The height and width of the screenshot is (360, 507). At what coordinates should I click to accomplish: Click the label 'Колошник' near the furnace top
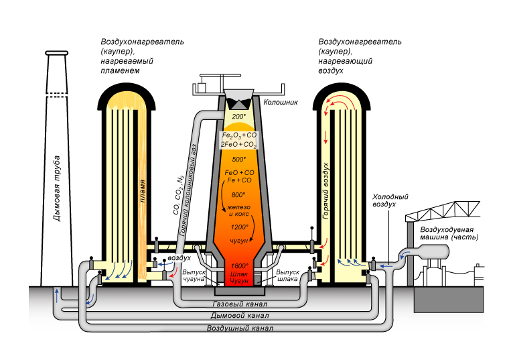click(x=279, y=103)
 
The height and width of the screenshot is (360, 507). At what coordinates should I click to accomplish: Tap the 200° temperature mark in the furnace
click(x=239, y=117)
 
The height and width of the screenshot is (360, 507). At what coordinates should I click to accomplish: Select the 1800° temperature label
click(x=239, y=266)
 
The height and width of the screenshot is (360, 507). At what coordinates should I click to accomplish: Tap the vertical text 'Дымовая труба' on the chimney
click(x=58, y=188)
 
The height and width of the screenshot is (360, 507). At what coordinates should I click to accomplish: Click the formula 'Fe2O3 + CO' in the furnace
click(x=239, y=135)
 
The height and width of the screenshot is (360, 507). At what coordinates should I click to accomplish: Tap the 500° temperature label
click(x=239, y=159)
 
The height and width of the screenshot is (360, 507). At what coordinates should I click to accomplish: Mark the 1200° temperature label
click(x=239, y=227)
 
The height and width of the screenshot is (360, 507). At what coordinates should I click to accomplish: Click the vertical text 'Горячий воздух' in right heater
click(x=326, y=191)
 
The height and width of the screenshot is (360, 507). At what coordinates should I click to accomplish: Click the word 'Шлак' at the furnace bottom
click(x=239, y=274)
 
